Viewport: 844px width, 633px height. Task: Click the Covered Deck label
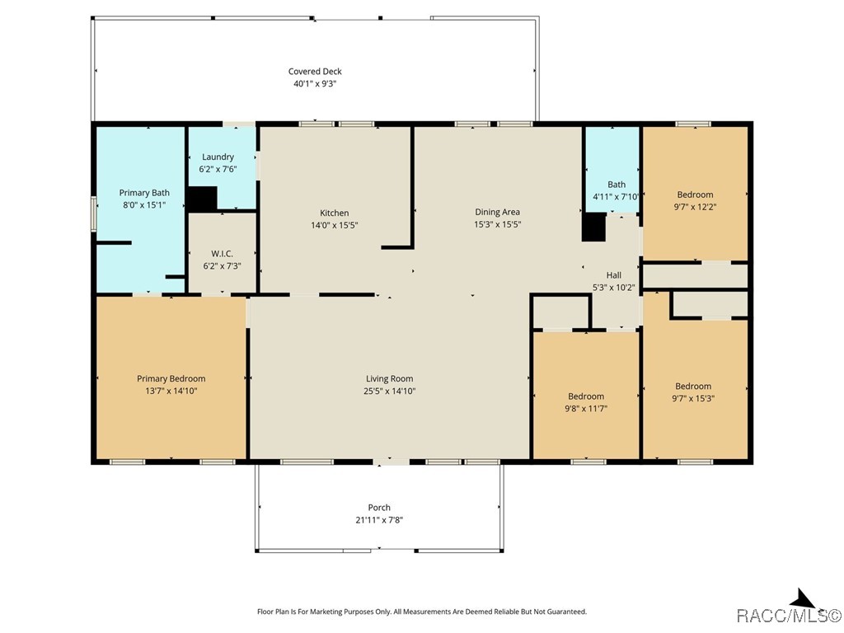[x=315, y=71]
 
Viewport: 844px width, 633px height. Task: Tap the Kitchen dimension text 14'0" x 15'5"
[x=335, y=225]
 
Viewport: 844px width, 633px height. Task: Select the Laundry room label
[x=218, y=157]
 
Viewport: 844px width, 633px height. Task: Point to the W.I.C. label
[x=222, y=254]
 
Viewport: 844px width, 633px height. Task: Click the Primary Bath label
[x=144, y=193]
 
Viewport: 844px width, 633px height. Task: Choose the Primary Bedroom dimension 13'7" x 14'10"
[x=171, y=391]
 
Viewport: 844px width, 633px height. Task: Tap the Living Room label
[x=390, y=379]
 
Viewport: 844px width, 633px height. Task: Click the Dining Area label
[x=497, y=212]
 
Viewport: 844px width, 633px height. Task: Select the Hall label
[x=613, y=275]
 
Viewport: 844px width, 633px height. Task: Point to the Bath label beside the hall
[x=617, y=184]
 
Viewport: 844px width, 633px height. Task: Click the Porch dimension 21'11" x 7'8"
[x=379, y=520]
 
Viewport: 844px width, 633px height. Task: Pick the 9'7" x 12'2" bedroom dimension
[x=695, y=207]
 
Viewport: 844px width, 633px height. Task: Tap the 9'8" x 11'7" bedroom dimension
[x=586, y=409]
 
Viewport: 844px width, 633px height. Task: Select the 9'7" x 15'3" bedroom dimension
[x=693, y=398]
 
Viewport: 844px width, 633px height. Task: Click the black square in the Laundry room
[x=201, y=199]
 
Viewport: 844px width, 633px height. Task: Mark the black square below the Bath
[x=593, y=227]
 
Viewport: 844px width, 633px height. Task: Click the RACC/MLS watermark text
[x=788, y=615]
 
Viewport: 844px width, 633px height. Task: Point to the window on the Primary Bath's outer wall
[x=94, y=213]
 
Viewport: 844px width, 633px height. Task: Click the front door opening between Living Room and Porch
[x=392, y=462]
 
